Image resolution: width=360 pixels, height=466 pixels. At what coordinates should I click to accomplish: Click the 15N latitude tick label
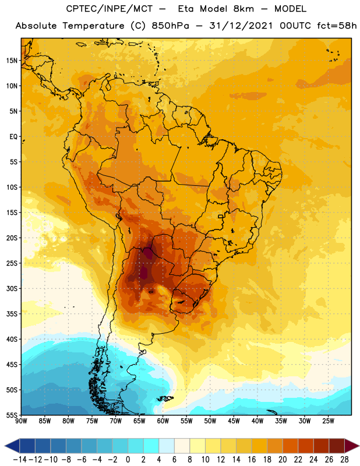(12, 61)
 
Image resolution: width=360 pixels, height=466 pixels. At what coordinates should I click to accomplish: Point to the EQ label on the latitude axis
(13, 137)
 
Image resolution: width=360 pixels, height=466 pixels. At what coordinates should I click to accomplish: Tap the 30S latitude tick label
(12, 288)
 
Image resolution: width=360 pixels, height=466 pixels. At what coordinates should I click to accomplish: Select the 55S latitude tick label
(12, 415)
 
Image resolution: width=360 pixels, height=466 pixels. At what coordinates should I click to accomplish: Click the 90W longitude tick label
(21, 421)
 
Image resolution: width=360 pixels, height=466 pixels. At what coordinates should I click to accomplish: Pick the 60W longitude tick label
(163, 421)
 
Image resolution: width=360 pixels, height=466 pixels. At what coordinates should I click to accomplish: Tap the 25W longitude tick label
(328, 421)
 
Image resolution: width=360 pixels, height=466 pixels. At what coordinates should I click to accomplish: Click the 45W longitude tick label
(234, 421)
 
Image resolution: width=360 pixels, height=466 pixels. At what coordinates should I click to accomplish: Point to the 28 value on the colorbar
(344, 460)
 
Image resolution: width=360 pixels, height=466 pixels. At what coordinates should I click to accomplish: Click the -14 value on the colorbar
(20, 460)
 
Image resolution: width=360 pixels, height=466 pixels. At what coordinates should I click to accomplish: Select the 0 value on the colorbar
(128, 460)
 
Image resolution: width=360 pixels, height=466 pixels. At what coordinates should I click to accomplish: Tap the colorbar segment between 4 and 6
(167, 446)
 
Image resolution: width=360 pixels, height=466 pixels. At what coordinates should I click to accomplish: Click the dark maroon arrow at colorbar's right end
(351, 446)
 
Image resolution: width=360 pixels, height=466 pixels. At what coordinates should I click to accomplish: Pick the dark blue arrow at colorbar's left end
(12, 446)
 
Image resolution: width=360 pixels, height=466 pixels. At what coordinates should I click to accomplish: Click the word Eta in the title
(186, 9)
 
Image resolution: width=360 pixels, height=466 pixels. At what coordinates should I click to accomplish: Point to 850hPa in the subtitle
(170, 26)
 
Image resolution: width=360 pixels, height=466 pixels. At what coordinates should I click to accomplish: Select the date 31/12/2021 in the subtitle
(241, 26)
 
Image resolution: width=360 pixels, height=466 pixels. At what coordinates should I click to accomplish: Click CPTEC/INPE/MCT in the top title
(109, 9)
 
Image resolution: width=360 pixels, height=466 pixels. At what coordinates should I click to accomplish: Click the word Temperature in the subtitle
(93, 26)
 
